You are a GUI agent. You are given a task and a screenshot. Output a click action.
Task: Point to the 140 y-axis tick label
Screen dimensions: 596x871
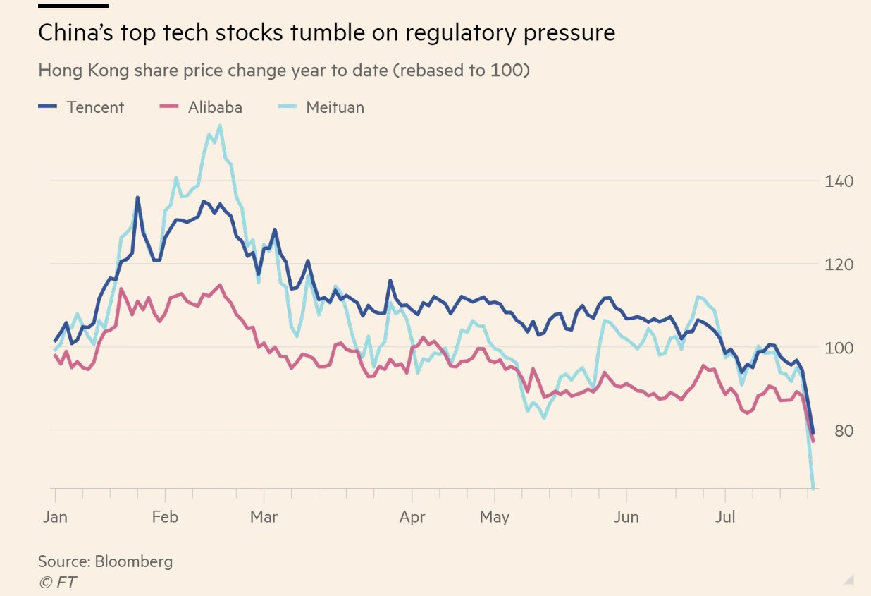[839, 181]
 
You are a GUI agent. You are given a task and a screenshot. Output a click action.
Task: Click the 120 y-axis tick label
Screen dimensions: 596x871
[839, 264]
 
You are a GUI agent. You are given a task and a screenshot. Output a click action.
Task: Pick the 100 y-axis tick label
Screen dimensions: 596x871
[839, 348]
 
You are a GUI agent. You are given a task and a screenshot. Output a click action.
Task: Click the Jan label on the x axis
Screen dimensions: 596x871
[55, 517]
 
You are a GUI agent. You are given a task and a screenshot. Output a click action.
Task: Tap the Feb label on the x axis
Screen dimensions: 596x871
[164, 517]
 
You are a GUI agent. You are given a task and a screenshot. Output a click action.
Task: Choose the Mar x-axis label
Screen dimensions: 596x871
[264, 517]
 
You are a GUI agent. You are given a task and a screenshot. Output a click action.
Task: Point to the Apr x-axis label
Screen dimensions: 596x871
[412, 517]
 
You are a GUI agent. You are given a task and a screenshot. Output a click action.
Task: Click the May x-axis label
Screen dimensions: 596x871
[495, 517]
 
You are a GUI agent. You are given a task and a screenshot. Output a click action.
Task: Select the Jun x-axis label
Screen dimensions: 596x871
[626, 517]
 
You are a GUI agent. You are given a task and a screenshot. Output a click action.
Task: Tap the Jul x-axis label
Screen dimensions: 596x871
[725, 517]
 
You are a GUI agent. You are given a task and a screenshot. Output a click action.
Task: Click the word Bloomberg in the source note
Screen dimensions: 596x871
[134, 561]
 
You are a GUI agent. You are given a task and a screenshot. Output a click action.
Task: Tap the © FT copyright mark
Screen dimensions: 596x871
[57, 583]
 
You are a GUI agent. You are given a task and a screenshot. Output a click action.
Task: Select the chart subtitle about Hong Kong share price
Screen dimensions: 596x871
[283, 71]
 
